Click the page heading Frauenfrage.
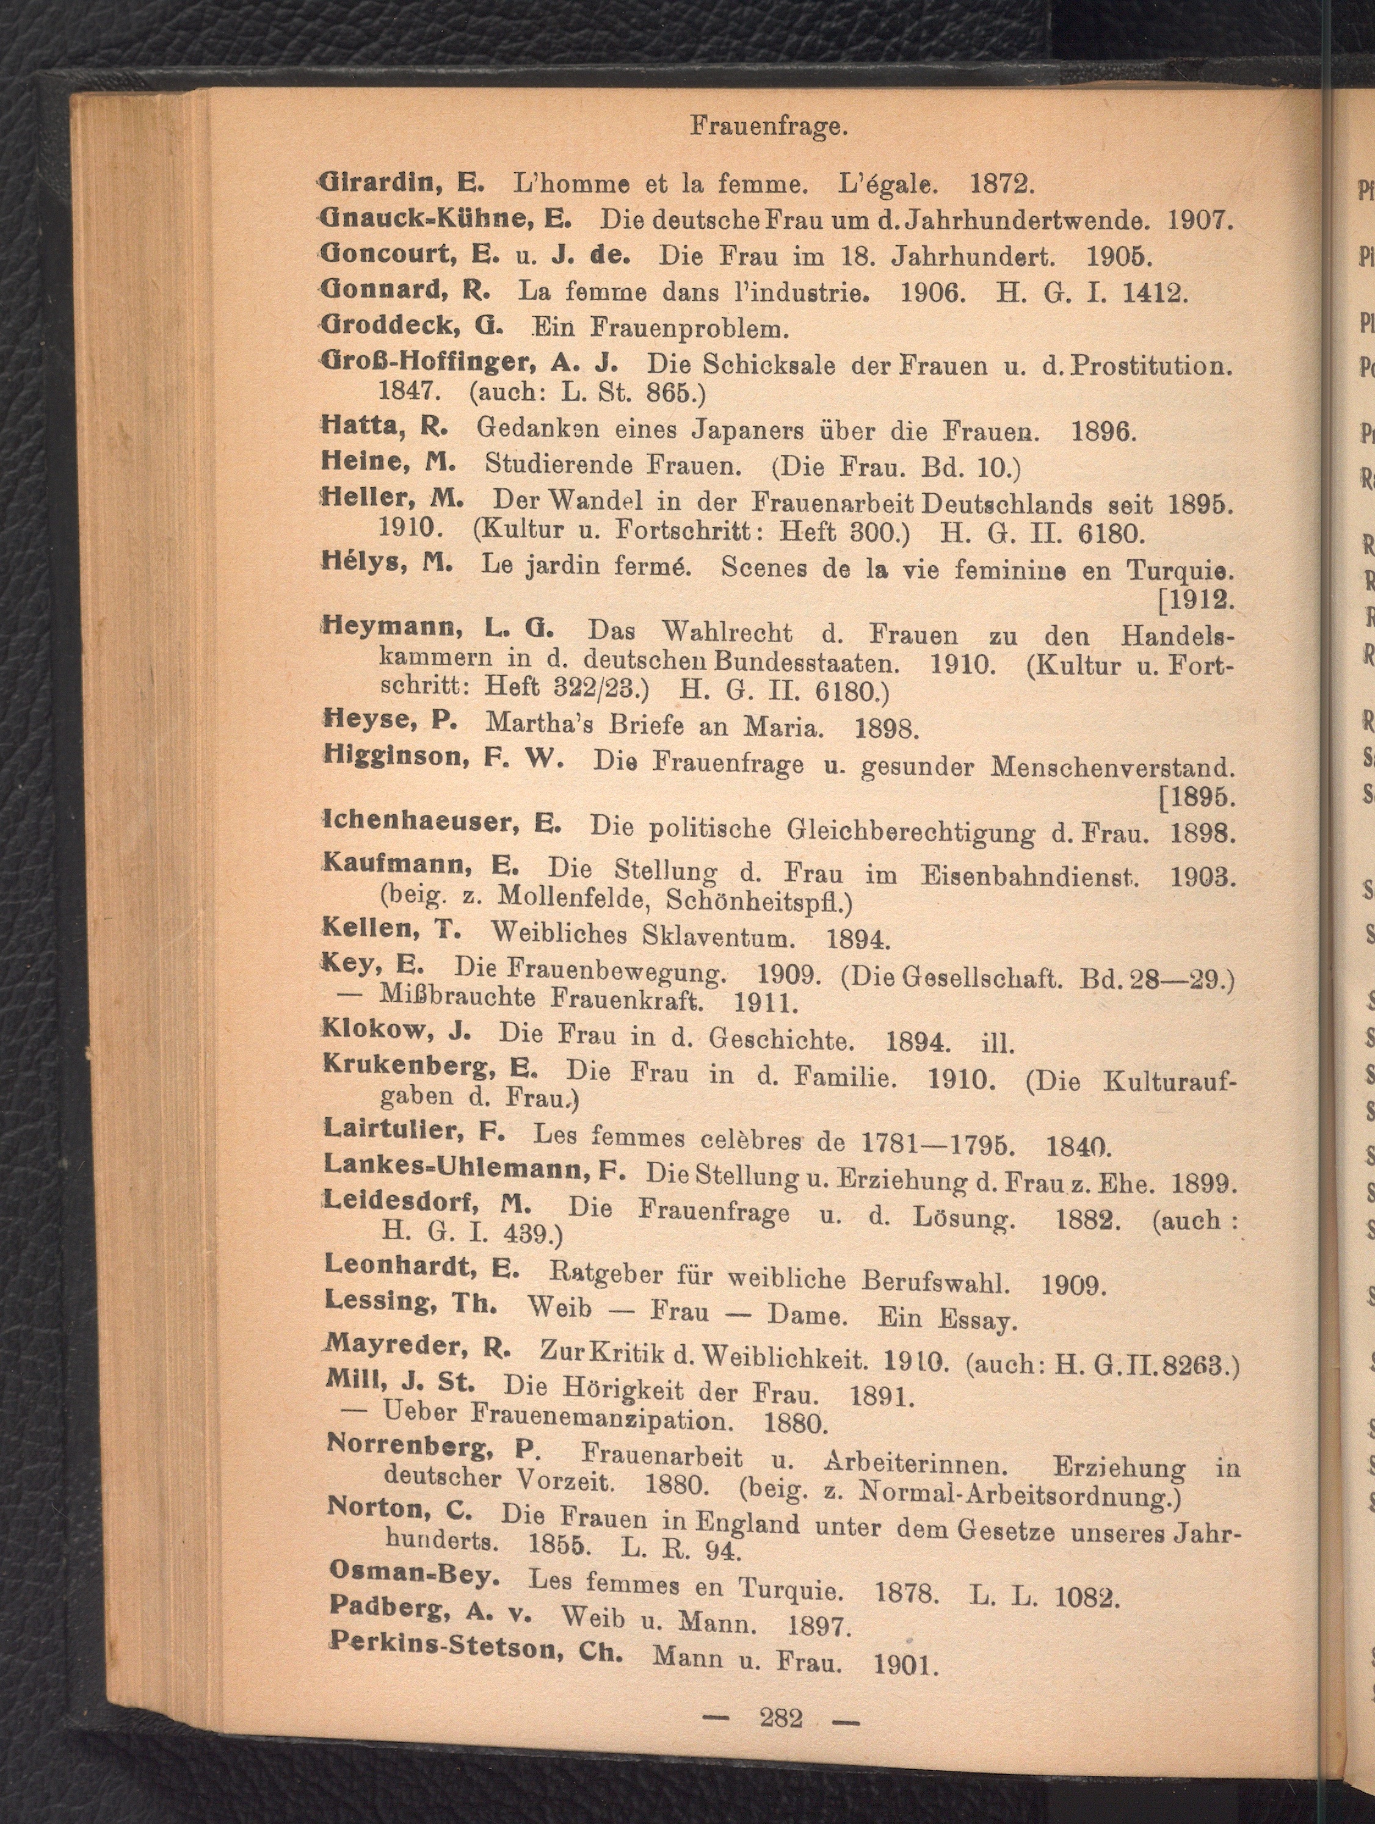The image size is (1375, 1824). point(769,127)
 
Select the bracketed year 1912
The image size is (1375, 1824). point(1198,599)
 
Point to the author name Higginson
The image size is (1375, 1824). point(393,756)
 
